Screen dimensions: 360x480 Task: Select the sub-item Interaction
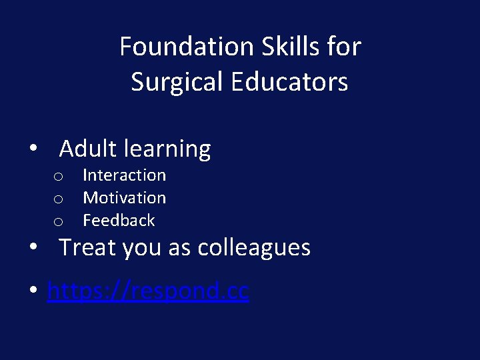pyautogui.click(x=124, y=175)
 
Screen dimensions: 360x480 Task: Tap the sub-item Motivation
pyautogui.click(x=124, y=198)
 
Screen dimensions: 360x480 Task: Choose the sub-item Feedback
pyautogui.click(x=119, y=221)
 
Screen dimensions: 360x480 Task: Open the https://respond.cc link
pyautogui.click(x=148, y=291)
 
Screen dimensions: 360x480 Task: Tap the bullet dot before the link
pyautogui.click(x=33, y=292)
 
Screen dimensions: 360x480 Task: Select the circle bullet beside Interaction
pyautogui.click(x=59, y=177)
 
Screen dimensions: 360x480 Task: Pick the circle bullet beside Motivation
pyautogui.click(x=59, y=199)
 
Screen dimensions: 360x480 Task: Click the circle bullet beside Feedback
pyautogui.click(x=59, y=222)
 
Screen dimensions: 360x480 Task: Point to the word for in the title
pyautogui.click(x=345, y=47)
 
